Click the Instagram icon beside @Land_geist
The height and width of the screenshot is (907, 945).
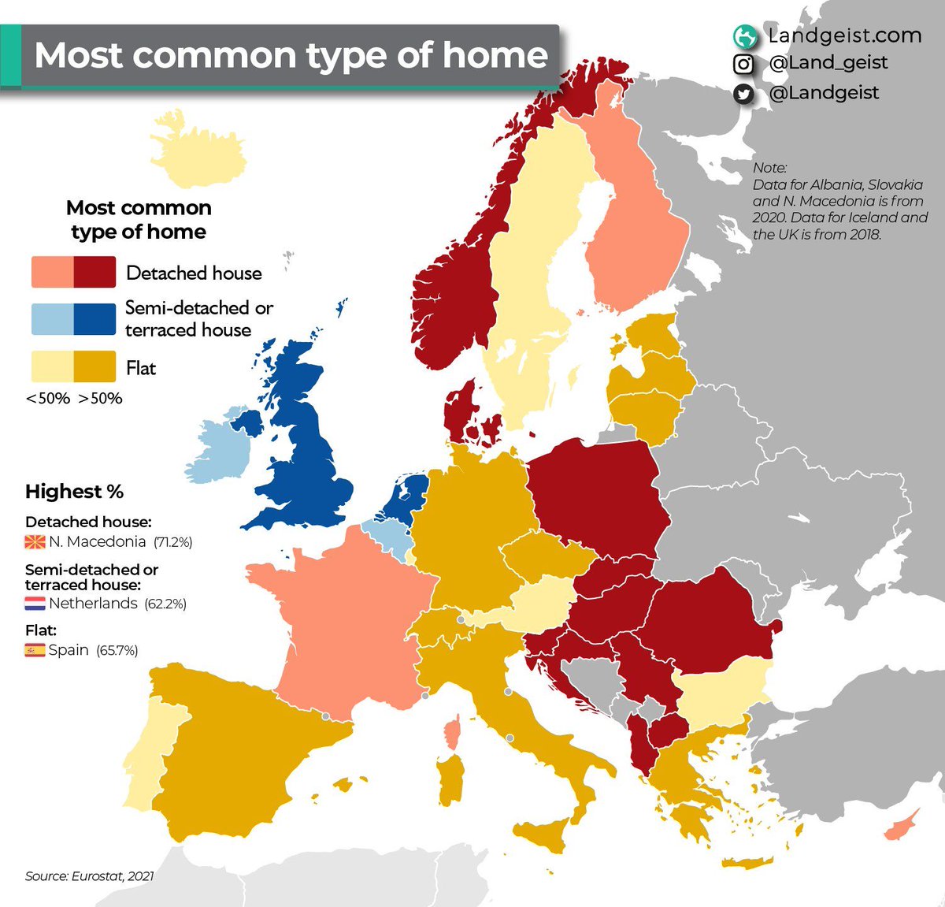[743, 64]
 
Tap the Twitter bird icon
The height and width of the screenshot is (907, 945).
[743, 94]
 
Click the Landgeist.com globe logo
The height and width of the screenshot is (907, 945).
[743, 36]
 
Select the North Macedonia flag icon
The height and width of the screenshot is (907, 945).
[35, 542]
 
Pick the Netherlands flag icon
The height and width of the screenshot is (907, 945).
[35, 604]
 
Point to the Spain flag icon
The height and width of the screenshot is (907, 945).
[35, 650]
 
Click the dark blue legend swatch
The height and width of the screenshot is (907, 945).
[94, 319]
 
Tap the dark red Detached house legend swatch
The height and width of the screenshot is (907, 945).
[94, 272]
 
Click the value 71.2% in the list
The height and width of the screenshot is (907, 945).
[173, 542]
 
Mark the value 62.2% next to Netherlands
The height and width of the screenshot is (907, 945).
[165, 604]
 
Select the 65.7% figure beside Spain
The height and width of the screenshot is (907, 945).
[117, 651]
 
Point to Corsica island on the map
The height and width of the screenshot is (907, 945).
[453, 733]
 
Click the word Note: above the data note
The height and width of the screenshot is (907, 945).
[769, 168]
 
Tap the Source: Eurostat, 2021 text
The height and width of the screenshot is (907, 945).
[89, 875]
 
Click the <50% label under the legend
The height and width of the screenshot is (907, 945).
[48, 399]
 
